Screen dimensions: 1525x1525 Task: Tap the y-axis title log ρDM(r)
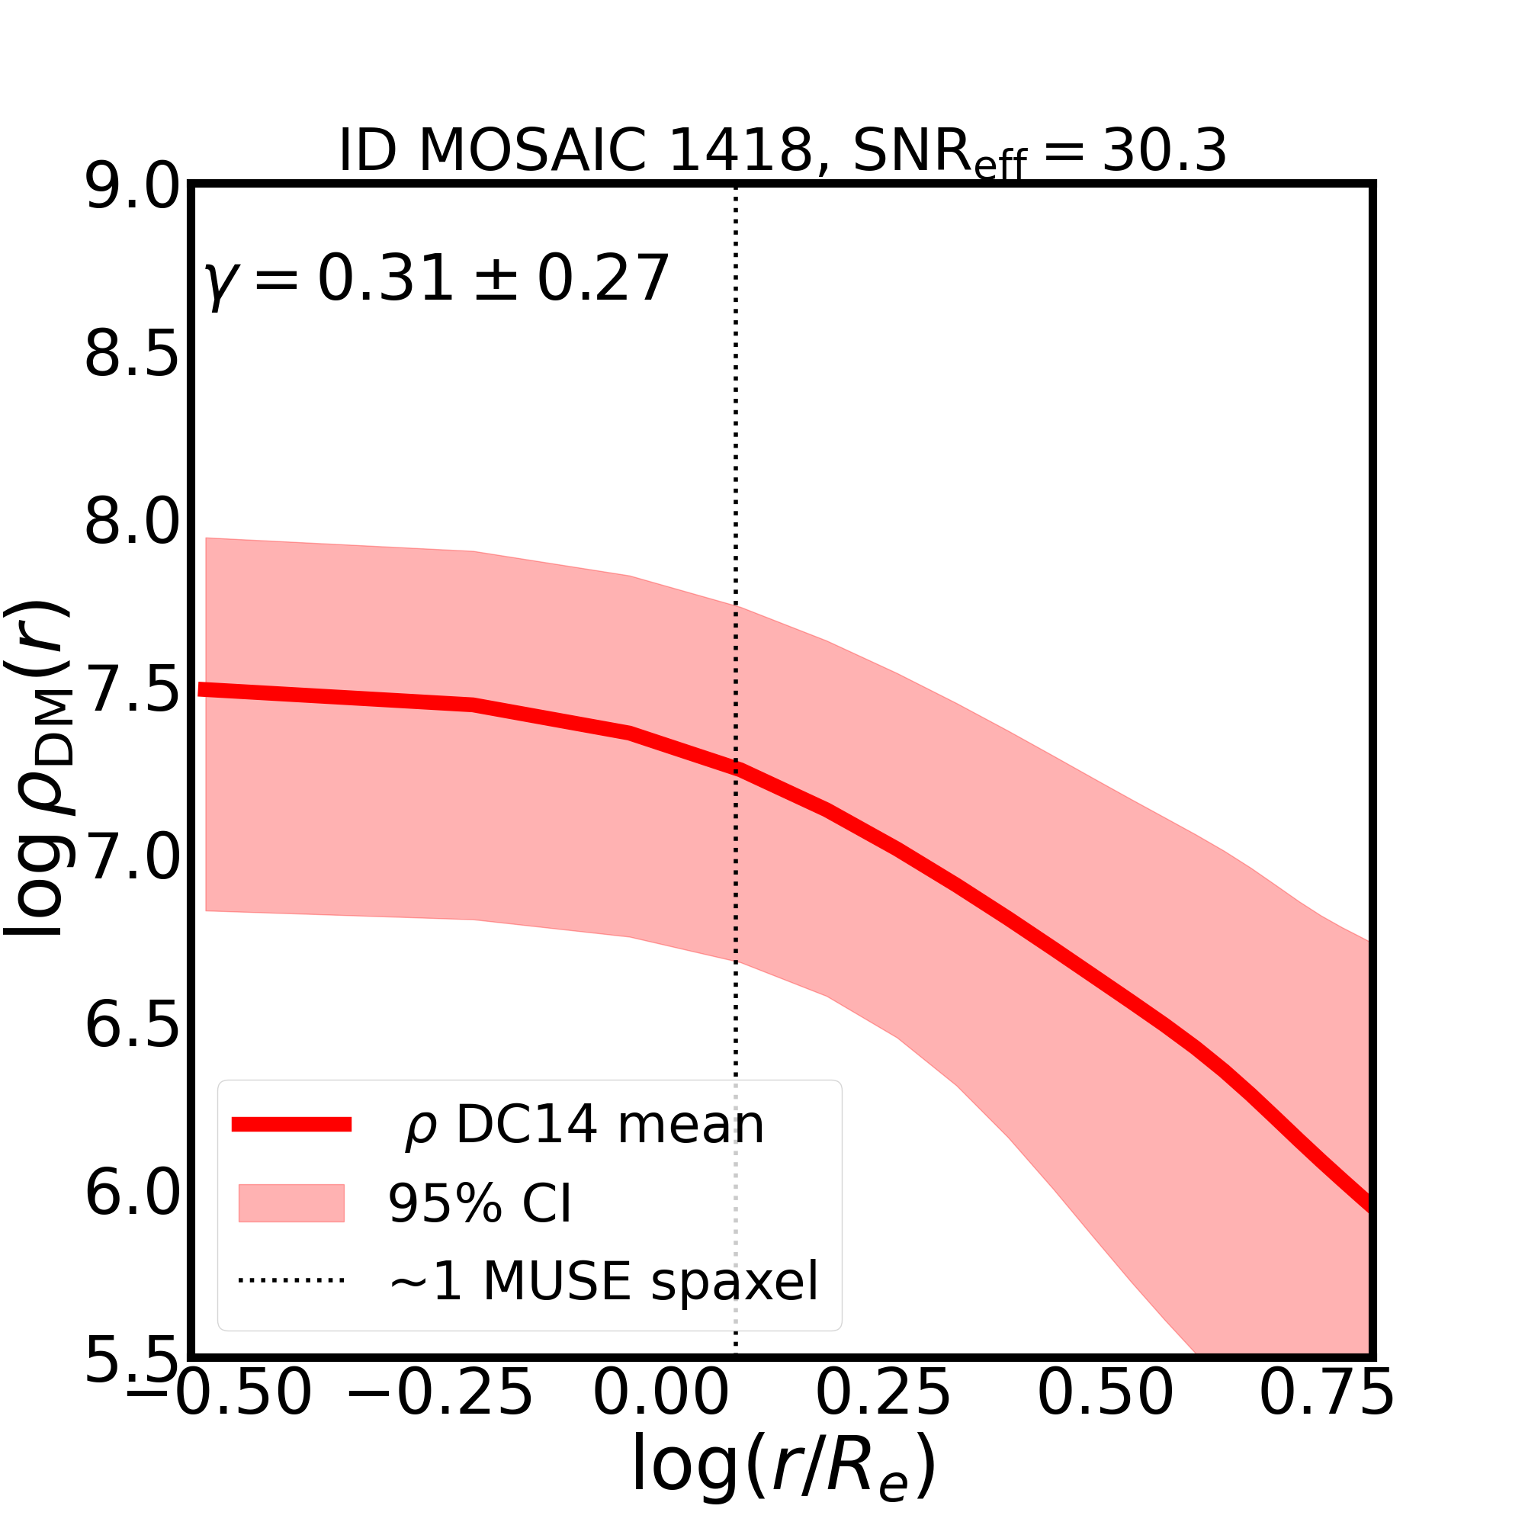[38, 769]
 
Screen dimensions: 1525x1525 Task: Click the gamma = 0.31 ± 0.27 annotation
[436, 279]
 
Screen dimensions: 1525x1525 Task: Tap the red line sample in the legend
[291, 1125]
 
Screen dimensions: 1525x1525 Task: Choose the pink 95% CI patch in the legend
[291, 1203]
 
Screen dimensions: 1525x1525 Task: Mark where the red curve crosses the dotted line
[737, 769]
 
